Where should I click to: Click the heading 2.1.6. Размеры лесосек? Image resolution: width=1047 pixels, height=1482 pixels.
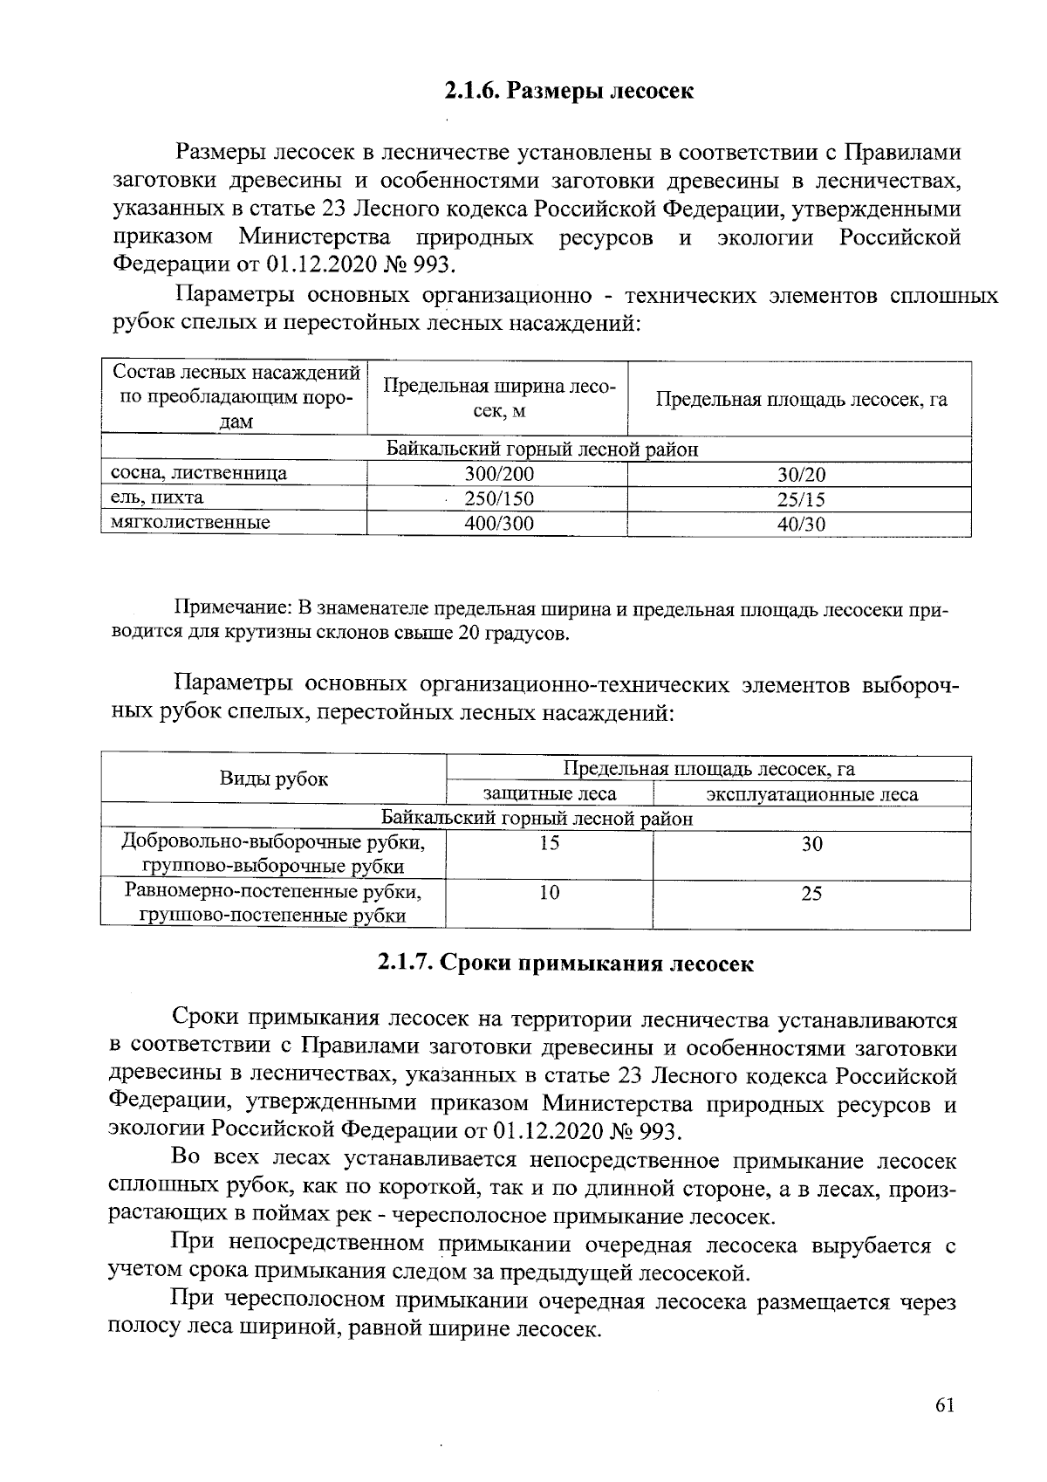(568, 91)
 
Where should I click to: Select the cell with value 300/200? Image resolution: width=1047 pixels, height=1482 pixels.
(498, 474)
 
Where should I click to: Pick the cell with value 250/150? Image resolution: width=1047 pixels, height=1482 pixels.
(498, 498)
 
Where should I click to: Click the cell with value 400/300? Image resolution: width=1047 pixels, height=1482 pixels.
(498, 523)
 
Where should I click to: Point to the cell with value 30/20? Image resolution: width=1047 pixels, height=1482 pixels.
(801, 475)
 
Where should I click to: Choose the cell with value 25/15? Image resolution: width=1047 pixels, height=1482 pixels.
(801, 499)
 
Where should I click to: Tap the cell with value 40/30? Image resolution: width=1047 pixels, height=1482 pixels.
(801, 524)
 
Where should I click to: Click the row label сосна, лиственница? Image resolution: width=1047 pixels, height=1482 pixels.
(199, 473)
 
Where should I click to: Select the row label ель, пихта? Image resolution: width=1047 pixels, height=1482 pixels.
(157, 497)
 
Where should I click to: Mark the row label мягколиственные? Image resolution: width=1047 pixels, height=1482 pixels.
(190, 522)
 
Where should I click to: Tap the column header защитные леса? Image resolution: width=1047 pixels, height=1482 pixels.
(550, 793)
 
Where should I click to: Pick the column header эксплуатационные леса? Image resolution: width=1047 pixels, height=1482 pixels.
(811, 794)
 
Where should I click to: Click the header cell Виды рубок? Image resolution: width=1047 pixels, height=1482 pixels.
(273, 779)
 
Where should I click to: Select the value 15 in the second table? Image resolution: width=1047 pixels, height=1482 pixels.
(550, 843)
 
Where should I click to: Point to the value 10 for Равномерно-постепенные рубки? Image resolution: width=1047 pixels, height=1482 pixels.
(550, 892)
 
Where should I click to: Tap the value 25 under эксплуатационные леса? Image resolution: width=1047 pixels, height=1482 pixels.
(811, 893)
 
